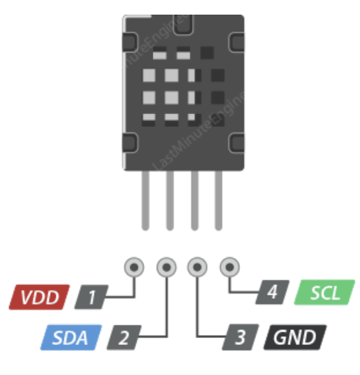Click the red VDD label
(39, 297)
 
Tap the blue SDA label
(71, 337)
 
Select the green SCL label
(325, 293)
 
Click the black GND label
(295, 337)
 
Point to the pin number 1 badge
(92, 296)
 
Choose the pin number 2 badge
(124, 337)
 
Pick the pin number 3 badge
(241, 337)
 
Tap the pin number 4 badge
(272, 292)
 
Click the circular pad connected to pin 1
(134, 267)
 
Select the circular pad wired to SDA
(167, 267)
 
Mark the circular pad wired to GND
(197, 267)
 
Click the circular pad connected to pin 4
(230, 267)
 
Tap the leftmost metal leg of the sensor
(145, 200)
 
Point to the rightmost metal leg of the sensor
(218, 200)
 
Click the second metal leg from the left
(170, 200)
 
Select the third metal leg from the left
(195, 200)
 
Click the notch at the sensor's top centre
(183, 25)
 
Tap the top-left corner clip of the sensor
(130, 42)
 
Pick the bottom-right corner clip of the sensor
(236, 143)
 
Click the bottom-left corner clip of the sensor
(130, 143)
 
